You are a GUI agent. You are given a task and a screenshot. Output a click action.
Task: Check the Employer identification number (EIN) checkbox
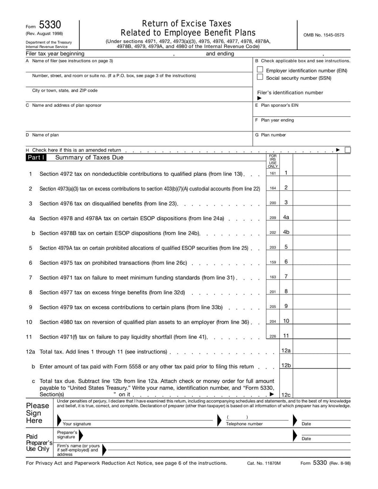[x=259, y=69]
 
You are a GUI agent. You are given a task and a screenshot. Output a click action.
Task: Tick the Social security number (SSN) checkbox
[x=259, y=77]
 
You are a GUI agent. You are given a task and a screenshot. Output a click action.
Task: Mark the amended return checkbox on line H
[x=348, y=150]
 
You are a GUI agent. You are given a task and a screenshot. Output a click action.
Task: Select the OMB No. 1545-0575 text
[x=324, y=35]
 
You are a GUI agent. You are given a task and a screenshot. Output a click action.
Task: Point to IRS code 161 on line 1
[x=273, y=173]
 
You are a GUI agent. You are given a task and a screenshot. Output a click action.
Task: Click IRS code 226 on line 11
[x=273, y=336]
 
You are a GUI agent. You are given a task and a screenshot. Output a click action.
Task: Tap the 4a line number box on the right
[x=286, y=217]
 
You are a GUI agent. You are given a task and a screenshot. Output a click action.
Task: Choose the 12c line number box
[x=286, y=395]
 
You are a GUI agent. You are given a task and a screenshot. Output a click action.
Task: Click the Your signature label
[x=77, y=424]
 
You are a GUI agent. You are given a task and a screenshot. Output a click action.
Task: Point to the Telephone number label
[x=244, y=424]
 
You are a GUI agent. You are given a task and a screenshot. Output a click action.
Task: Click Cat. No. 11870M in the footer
[x=264, y=463]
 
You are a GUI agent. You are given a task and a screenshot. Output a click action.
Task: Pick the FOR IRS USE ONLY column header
[x=273, y=161]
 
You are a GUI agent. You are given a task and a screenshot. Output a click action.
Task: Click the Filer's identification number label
[x=290, y=93]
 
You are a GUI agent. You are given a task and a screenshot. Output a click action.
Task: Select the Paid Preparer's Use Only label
[x=38, y=443]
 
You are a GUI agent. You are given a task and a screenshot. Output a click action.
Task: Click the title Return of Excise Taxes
[x=187, y=24]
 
